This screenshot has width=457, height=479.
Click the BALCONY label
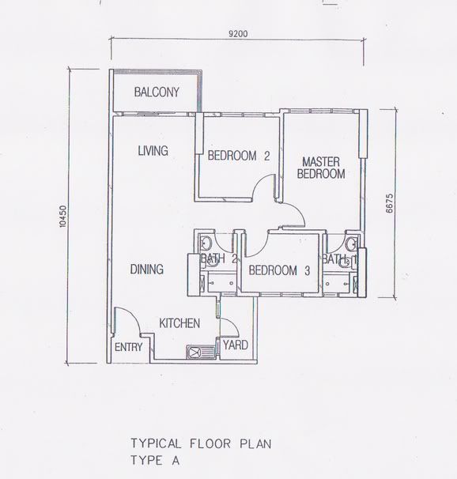[x=156, y=92]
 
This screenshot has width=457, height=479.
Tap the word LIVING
[x=152, y=150]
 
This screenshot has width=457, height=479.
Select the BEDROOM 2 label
[x=239, y=157]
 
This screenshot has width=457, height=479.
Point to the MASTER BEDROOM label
[x=320, y=168]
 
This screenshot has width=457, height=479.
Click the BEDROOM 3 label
[x=278, y=270]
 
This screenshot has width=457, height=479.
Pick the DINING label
[x=146, y=270]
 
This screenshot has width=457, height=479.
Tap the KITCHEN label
[x=179, y=323]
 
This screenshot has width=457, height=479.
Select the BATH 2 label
[x=219, y=258]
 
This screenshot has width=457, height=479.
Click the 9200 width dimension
[x=238, y=33]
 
